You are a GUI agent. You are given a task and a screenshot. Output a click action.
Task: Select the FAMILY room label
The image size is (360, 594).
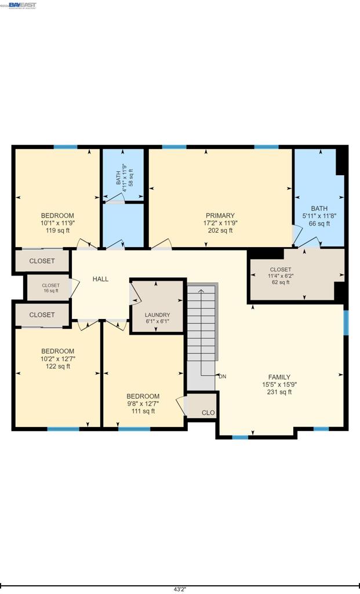(279, 377)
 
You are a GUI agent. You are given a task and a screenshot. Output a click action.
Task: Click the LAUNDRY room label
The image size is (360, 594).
(158, 315)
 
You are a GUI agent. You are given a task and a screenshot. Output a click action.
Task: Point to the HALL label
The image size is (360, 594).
(100, 279)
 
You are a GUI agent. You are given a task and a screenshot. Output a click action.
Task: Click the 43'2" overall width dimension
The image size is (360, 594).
(180, 589)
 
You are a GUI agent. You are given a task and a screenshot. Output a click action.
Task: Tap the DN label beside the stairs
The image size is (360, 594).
(223, 376)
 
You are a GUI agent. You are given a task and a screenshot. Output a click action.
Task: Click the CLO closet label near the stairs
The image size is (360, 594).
(208, 413)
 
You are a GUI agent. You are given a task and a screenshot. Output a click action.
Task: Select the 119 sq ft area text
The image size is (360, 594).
(57, 230)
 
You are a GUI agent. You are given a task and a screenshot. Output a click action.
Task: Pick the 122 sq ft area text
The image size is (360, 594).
(58, 366)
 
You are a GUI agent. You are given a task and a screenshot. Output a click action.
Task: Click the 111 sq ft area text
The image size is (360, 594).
(143, 411)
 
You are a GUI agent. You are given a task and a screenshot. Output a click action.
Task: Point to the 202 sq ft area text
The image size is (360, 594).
(220, 230)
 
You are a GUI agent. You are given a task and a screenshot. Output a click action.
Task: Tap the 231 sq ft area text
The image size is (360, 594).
(279, 392)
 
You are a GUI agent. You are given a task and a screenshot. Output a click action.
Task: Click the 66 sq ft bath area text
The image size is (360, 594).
(319, 223)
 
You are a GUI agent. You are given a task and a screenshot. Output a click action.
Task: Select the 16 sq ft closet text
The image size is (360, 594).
(50, 291)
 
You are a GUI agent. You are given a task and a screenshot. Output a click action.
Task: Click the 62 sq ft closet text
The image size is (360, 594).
(281, 282)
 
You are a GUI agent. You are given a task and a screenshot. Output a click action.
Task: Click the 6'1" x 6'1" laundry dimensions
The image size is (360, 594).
(158, 321)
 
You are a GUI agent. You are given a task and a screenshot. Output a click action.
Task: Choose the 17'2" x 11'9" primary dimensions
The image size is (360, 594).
(220, 223)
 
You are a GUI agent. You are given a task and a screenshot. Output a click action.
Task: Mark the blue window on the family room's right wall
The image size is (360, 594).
(346, 323)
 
